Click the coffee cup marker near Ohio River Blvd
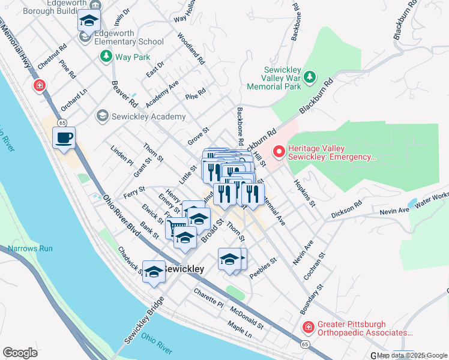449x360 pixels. click(64, 139)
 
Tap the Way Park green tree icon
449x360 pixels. click(106, 56)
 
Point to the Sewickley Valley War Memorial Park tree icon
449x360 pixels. click(309, 77)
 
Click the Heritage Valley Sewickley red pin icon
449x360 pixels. click(279, 152)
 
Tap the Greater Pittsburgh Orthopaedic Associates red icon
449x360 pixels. click(308, 327)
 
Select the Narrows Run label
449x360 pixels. click(31, 248)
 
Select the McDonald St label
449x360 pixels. click(247, 317)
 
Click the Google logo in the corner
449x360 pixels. click(20, 353)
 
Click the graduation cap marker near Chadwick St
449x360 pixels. click(154, 271)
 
